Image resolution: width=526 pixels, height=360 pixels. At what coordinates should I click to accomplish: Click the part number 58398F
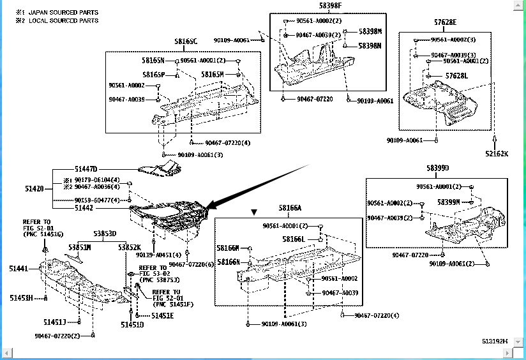pos(331,6)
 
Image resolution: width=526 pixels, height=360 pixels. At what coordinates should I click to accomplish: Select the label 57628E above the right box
pos(445,22)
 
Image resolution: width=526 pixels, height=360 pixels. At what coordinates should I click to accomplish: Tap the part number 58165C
pos(186,42)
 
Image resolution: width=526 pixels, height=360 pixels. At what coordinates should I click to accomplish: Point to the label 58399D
pos(438,168)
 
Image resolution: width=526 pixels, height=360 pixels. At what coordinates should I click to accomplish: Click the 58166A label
pos(290,208)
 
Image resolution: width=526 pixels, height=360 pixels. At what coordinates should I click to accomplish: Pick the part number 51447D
pos(85,169)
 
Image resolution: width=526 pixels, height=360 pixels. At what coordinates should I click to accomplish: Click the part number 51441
pos(18,269)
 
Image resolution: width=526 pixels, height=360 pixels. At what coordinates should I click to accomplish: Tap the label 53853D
pos(105,234)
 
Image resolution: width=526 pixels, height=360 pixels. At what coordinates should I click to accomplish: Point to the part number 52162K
pos(496,153)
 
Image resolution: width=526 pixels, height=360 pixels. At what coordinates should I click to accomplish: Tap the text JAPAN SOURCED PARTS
pos(63,12)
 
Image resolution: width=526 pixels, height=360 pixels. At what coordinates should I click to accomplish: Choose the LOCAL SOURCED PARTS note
pos(63,20)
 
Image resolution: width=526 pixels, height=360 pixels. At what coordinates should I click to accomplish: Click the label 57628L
pos(457,75)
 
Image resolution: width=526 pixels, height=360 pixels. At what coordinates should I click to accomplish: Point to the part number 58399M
pos(449,202)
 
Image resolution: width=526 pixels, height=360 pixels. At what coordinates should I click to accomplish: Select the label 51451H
pos(21,298)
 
